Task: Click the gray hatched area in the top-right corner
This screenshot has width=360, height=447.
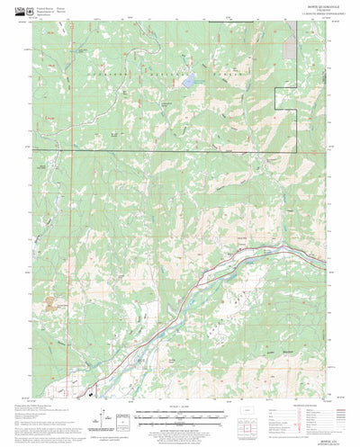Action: pos(291,45)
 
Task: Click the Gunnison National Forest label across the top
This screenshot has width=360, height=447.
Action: pos(171,68)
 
